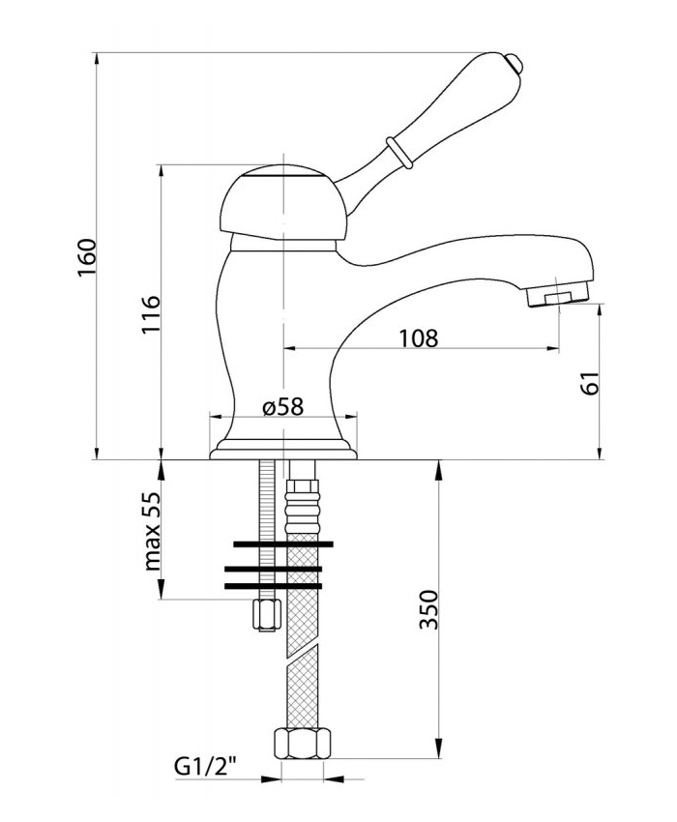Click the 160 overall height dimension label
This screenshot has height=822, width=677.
point(87,258)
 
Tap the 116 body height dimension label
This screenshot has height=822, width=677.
point(151,314)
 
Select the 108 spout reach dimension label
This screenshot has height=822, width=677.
point(418,338)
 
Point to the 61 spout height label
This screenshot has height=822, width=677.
point(590,383)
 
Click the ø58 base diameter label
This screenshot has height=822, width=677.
point(282,406)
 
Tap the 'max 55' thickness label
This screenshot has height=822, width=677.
point(151,531)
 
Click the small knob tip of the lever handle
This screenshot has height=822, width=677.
point(516,63)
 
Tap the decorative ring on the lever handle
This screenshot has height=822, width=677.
point(398,153)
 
